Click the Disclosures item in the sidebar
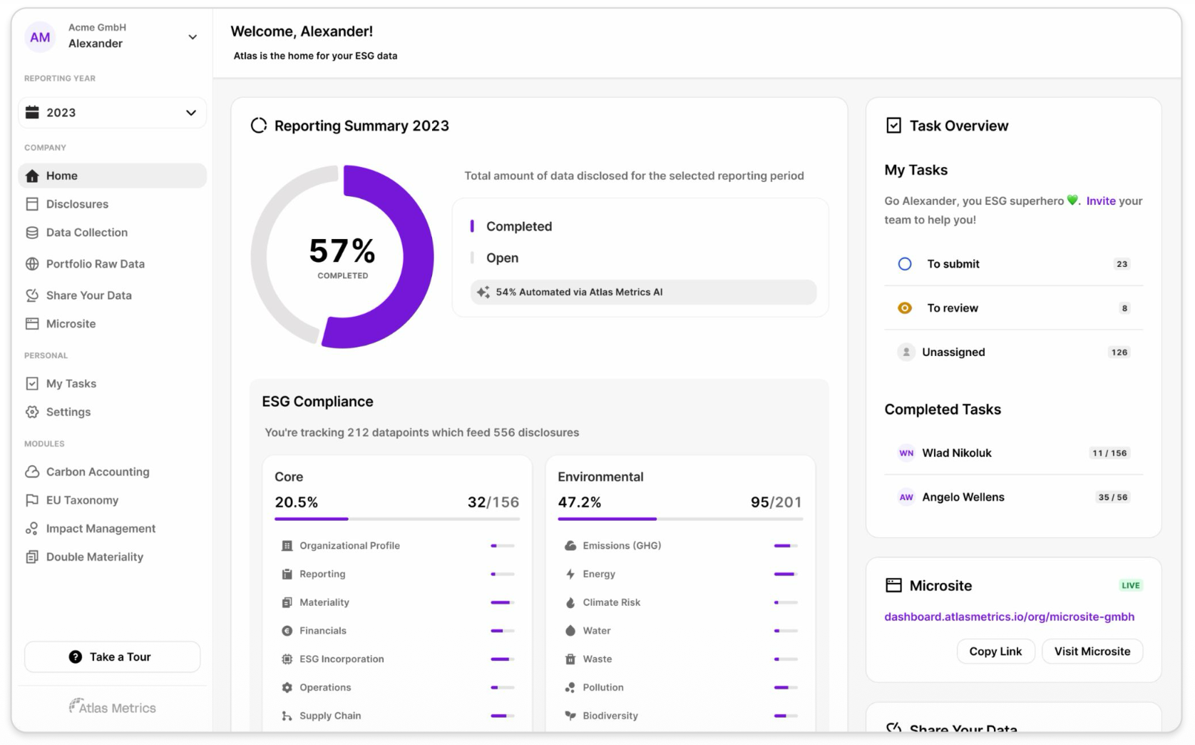(77, 204)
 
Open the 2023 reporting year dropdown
(112, 113)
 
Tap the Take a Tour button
(112, 657)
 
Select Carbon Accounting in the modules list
(98, 472)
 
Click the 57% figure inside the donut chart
(342, 251)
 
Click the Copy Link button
(995, 651)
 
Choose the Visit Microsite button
(1092, 651)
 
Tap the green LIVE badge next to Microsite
(1130, 585)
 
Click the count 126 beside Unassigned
(1119, 352)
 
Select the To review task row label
(952, 308)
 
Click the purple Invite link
(1100, 201)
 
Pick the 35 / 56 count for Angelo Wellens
(1112, 497)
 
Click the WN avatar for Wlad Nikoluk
(906, 453)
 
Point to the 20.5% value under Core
(297, 502)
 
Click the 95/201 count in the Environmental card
(776, 502)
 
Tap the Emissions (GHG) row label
(622, 546)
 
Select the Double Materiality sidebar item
(94, 557)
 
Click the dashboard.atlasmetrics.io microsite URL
(1009, 617)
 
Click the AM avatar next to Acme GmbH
(40, 37)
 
